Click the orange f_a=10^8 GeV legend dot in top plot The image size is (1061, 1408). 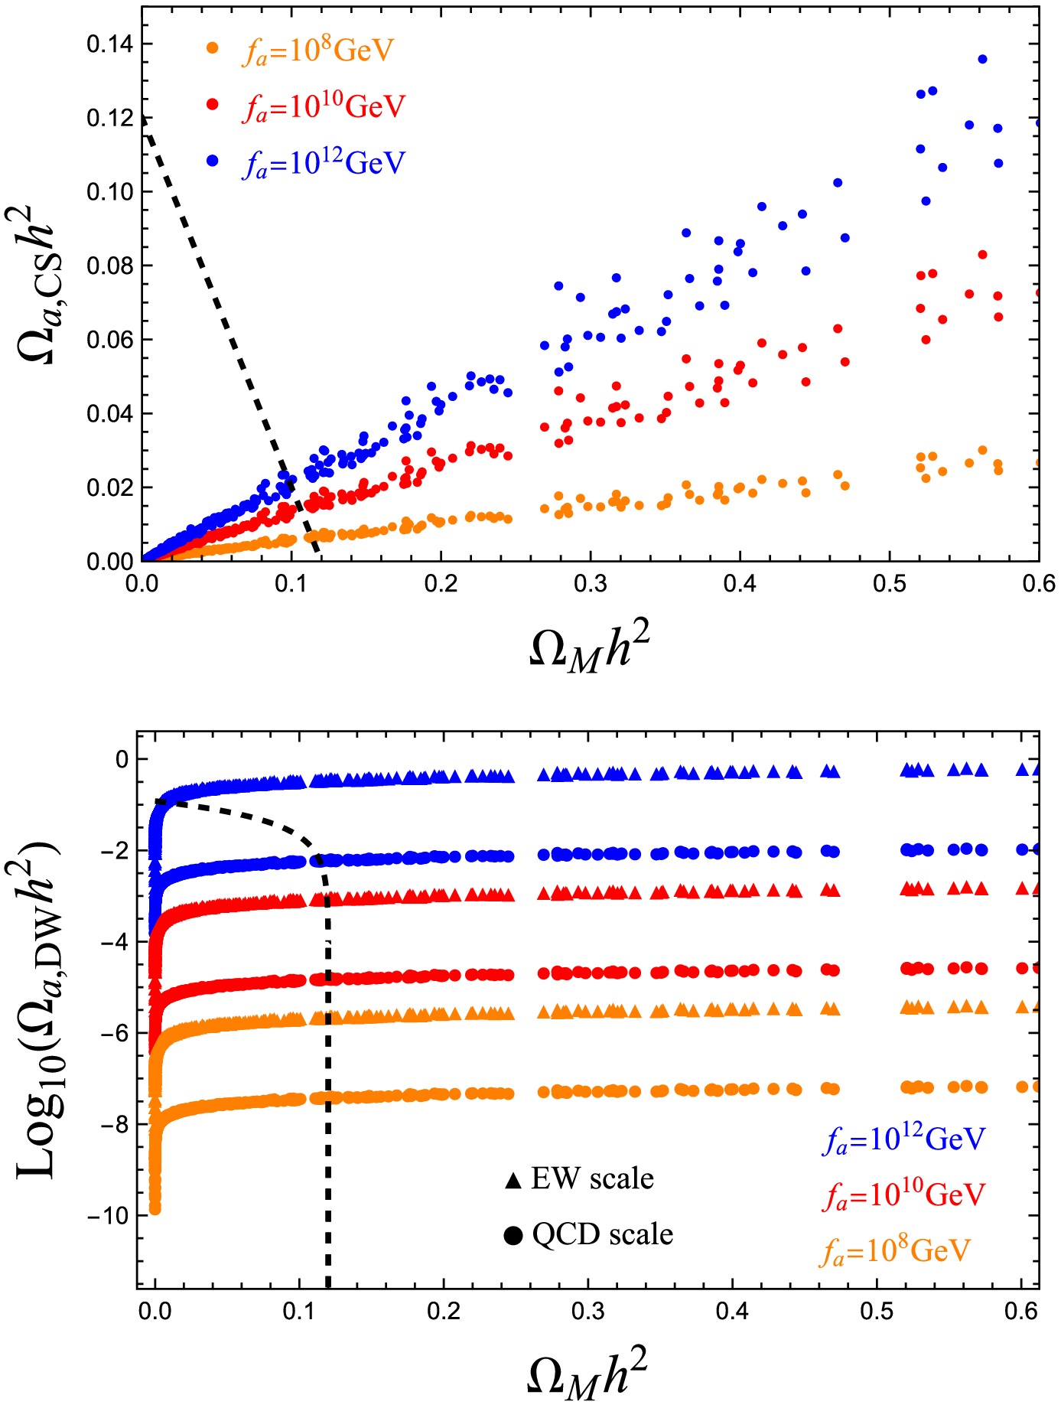[213, 48]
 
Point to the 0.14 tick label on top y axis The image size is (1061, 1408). [109, 44]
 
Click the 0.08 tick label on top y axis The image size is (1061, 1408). [109, 266]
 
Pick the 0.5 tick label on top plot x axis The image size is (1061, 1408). [889, 585]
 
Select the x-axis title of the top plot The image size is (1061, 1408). [590, 650]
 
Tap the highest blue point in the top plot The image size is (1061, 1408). [983, 59]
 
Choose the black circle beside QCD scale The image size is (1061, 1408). [513, 1235]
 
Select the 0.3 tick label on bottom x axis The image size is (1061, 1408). [588, 1312]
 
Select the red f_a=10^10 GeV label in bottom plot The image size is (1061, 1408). [904, 1195]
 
